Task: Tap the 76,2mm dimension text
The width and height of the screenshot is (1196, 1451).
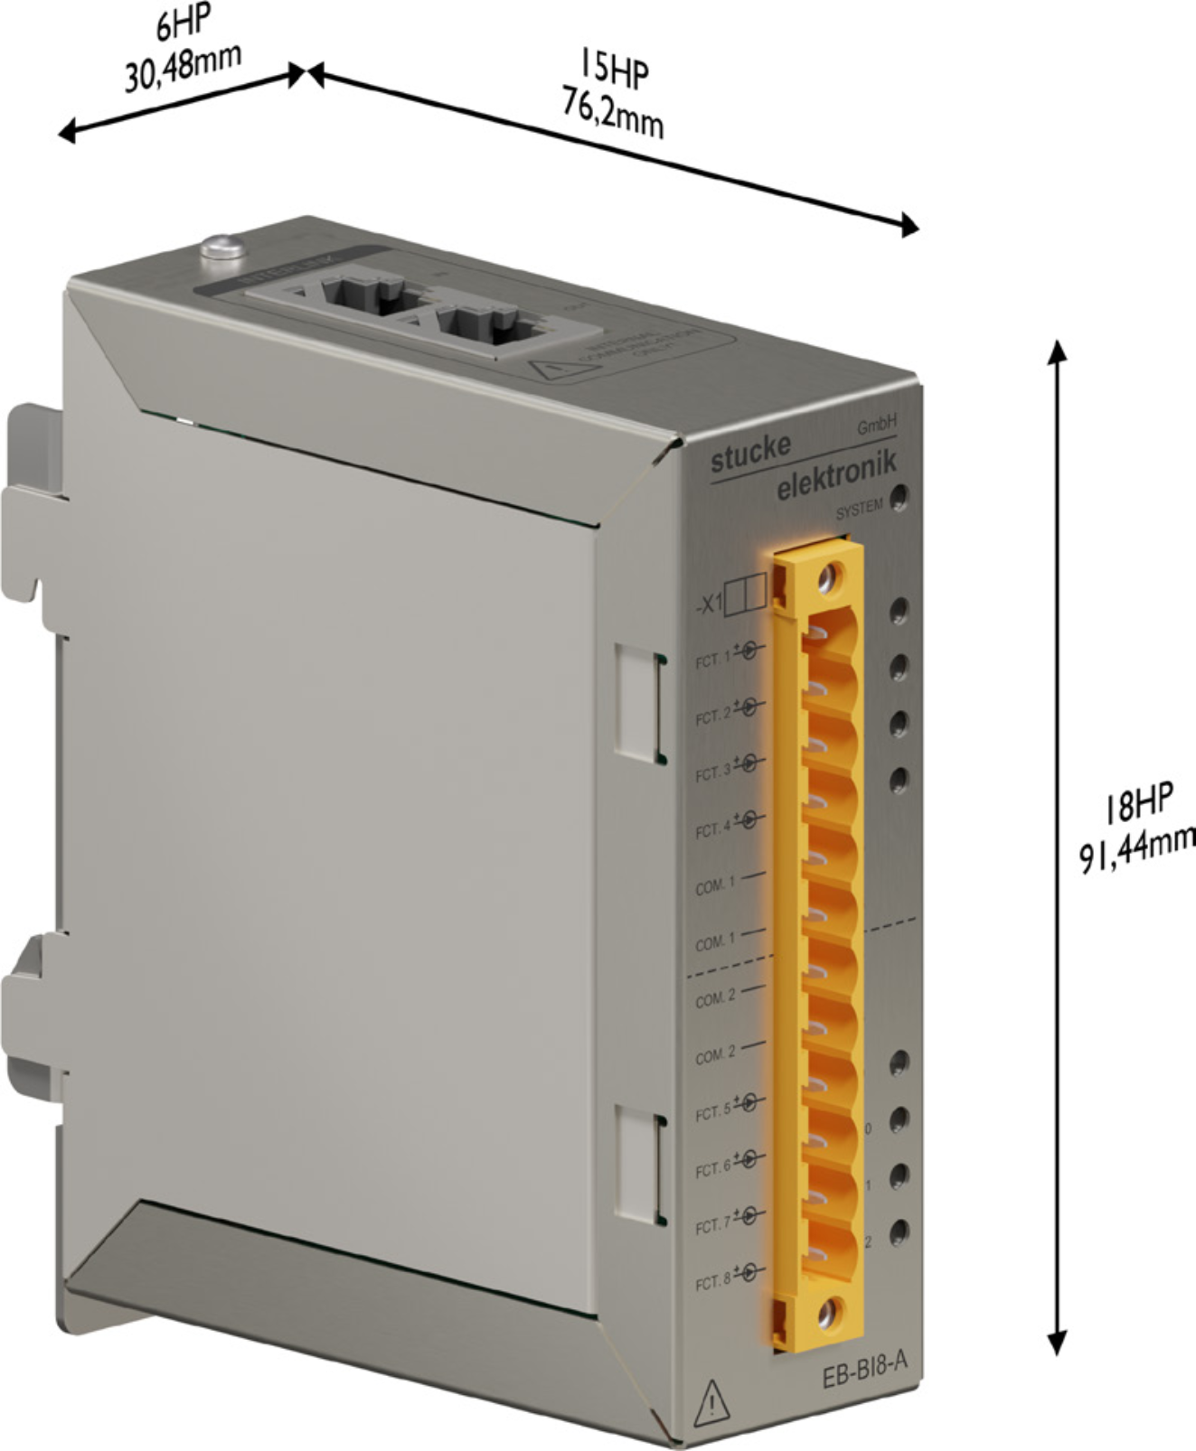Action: (612, 116)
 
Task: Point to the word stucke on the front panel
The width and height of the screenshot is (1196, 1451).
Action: (750, 453)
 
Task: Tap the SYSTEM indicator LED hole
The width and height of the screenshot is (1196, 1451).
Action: (899, 497)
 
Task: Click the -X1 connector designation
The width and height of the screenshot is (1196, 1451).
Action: (708, 604)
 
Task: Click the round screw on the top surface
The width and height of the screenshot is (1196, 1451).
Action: (222, 246)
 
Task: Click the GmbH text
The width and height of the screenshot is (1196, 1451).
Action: (876, 426)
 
